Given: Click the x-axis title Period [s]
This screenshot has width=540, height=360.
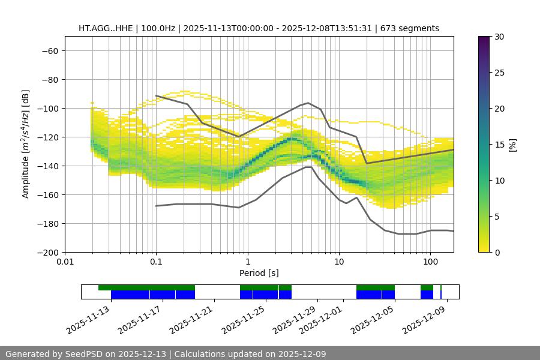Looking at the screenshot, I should tap(259, 273).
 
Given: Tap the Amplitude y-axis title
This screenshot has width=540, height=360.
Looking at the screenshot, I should tap(26, 144).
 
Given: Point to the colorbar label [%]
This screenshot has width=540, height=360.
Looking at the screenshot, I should tap(512, 145).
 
